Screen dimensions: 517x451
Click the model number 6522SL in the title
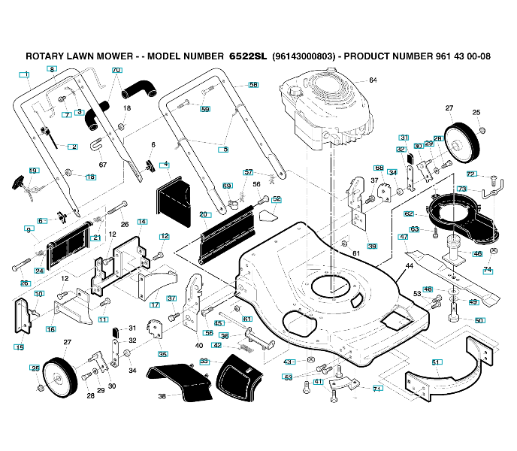click(248, 56)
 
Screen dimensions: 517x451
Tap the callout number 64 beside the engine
click(373, 80)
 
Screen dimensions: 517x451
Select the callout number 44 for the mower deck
click(410, 266)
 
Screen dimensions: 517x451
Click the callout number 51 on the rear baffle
click(436, 362)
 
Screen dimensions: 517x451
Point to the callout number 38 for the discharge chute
click(162, 396)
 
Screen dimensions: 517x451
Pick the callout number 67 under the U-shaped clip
click(103, 165)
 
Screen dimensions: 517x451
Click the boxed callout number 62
click(409, 213)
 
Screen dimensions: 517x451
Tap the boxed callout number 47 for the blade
click(404, 237)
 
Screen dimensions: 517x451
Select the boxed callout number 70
click(117, 70)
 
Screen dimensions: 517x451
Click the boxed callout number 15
click(20, 347)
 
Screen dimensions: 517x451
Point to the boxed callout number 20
click(204, 214)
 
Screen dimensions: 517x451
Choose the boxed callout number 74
click(488, 270)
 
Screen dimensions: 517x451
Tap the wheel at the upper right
click(461, 143)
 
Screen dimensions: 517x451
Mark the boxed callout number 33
click(204, 361)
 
